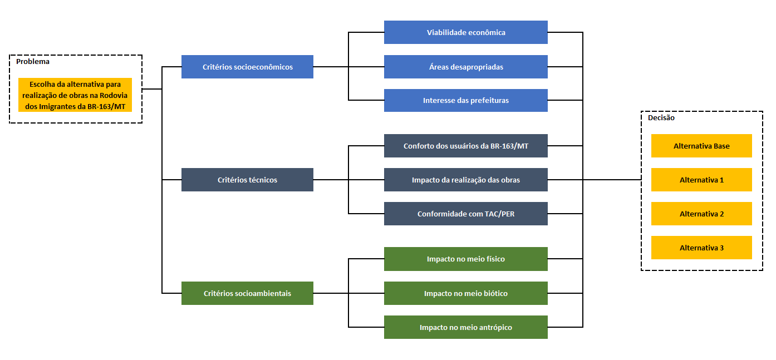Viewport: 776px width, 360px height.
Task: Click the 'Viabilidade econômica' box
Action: [x=466, y=32]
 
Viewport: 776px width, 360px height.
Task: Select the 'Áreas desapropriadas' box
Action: [x=466, y=67]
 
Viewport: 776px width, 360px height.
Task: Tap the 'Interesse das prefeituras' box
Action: [x=466, y=101]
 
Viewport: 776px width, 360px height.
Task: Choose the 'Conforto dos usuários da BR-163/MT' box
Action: [x=466, y=146]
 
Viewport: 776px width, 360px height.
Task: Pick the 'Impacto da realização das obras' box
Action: [x=466, y=180]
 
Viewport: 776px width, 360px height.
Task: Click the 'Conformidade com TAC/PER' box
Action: [x=466, y=214]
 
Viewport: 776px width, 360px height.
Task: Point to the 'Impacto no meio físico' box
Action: [x=466, y=259]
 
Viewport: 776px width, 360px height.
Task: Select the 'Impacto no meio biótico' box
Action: [x=466, y=293]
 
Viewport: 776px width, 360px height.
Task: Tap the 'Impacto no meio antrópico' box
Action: [x=466, y=327]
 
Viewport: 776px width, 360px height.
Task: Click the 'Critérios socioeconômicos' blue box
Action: [x=247, y=67]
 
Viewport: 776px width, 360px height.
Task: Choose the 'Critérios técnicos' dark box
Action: [x=247, y=180]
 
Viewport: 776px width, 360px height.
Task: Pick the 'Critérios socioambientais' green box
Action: [x=247, y=293]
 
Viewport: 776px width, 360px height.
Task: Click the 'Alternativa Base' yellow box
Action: [x=701, y=146]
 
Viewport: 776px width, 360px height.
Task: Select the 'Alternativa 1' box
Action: [x=701, y=180]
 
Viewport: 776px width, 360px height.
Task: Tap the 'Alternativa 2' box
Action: [x=701, y=214]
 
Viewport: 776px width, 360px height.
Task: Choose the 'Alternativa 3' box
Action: [x=701, y=248]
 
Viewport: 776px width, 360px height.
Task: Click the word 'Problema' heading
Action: [x=32, y=62]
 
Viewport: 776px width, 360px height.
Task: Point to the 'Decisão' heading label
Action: [x=661, y=117]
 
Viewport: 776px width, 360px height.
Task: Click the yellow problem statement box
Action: [x=75, y=95]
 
